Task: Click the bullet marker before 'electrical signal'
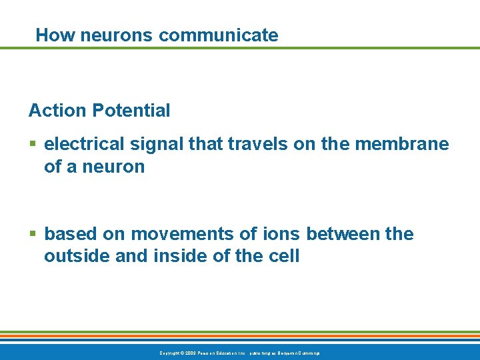tap(33, 144)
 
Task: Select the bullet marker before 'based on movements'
tap(33, 234)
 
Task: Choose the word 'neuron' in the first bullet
tap(113, 167)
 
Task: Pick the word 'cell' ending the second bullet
tap(285, 256)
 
